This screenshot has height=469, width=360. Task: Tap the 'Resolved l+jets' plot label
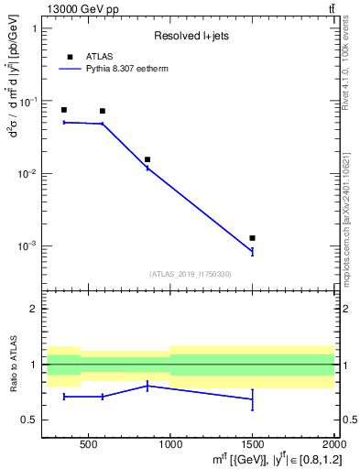pyautogui.click(x=191, y=36)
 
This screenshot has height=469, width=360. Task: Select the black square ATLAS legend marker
pyautogui.click(x=70, y=57)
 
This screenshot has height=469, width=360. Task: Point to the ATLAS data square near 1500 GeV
pyautogui.click(x=252, y=238)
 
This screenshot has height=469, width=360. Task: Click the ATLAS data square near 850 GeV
pyautogui.click(x=147, y=159)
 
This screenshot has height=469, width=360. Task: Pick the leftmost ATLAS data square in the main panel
pyautogui.click(x=63, y=110)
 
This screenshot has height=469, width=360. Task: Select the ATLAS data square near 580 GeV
pyautogui.click(x=103, y=111)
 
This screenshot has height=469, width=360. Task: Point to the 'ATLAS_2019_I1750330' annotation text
pyautogui.click(x=191, y=274)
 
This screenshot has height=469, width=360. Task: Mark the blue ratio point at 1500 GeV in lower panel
pyautogui.click(x=252, y=398)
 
